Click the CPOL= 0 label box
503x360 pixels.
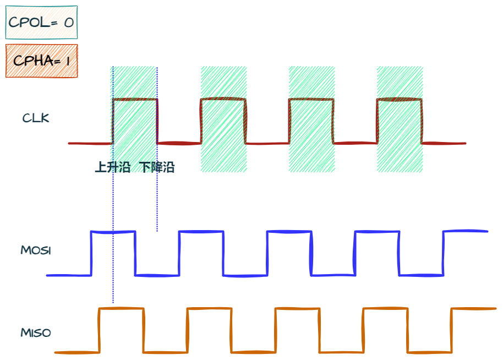click(42, 23)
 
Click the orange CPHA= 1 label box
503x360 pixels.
click(42, 61)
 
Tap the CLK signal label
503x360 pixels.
click(36, 118)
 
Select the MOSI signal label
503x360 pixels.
click(36, 250)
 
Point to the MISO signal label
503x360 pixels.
click(36, 333)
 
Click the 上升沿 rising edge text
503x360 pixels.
click(112, 167)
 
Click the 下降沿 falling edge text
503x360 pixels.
click(157, 167)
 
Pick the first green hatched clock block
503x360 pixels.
click(134, 119)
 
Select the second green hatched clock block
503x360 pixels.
click(223, 119)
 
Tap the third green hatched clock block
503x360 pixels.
click(311, 119)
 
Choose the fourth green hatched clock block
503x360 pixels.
click(400, 119)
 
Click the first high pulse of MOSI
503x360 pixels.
click(113, 232)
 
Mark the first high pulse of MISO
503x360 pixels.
click(121, 309)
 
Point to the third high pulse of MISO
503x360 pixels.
click(297, 309)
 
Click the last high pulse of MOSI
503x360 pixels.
click(466, 231)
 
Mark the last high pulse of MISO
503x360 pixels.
click(473, 309)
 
